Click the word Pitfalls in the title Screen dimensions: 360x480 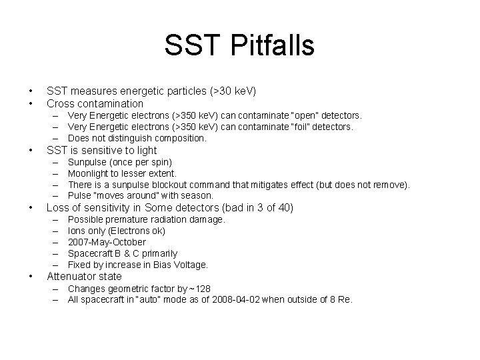click(273, 46)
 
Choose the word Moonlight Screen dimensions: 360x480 click(89, 173)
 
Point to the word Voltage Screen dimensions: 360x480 click(190, 265)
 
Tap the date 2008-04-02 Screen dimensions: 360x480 click(237, 300)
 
